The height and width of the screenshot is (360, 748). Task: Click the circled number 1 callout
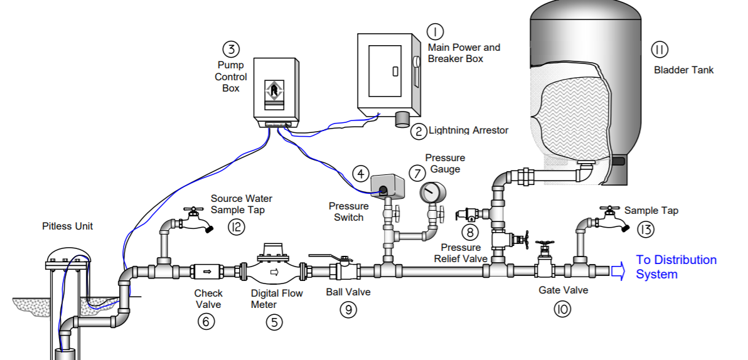435,31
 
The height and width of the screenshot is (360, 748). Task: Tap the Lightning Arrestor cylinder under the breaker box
402,119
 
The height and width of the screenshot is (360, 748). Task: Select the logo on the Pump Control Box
274,91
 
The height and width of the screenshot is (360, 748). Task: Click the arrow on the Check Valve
208,272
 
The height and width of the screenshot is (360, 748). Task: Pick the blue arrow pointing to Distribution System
617,272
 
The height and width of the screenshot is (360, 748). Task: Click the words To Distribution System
676,267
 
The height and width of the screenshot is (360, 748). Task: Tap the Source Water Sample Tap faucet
196,220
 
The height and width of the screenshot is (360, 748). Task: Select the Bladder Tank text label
683,70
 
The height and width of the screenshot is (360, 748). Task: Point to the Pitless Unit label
67,226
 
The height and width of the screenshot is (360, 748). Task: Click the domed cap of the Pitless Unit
68,256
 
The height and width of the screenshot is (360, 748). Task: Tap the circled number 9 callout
348,310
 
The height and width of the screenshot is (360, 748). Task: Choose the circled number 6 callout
206,322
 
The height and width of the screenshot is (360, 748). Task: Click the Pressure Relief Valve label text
461,253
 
